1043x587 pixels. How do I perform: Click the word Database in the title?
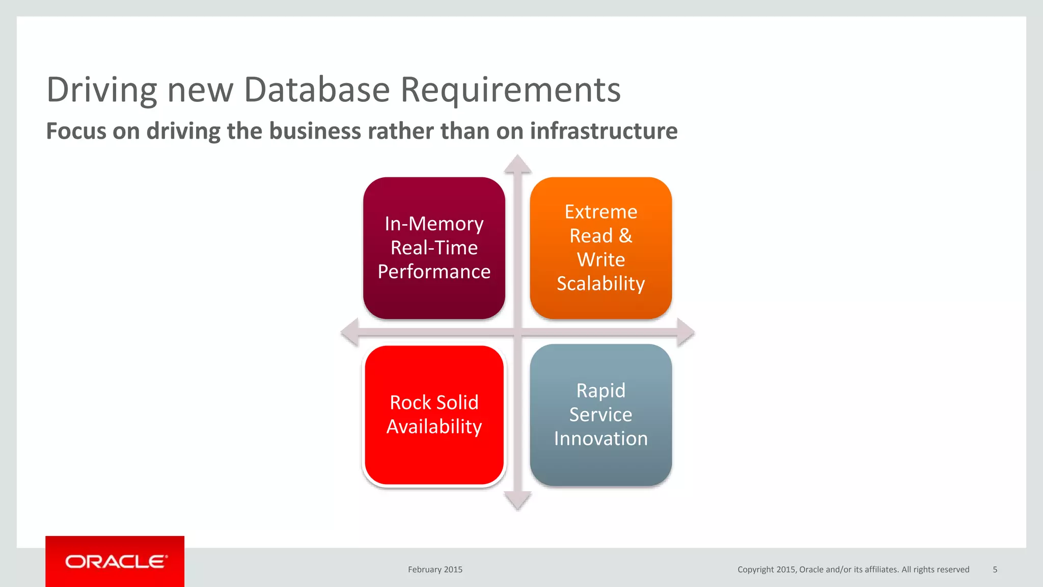coord(317,90)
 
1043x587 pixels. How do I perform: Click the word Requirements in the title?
coord(510,90)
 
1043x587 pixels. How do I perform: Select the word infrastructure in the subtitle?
coord(603,131)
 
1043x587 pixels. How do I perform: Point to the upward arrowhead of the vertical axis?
coord(518,165)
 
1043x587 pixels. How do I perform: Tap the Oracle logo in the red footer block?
coord(116,562)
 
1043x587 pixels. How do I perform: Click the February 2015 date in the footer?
coord(435,570)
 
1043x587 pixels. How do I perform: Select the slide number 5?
coord(995,570)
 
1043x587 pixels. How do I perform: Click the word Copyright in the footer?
coord(755,570)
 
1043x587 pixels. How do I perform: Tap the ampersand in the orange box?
coord(625,236)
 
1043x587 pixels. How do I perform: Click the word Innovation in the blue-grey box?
coord(600,439)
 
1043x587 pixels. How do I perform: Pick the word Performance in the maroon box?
coord(434,272)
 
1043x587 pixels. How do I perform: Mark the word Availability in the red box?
coord(434,426)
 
